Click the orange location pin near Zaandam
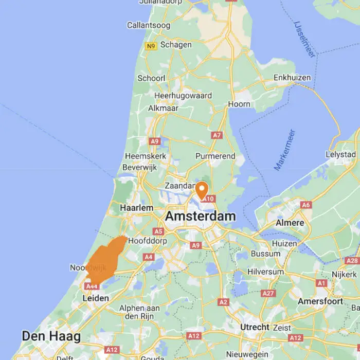202,189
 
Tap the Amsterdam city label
200,217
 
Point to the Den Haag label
51,336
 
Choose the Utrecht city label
255,327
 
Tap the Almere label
290,223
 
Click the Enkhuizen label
292,78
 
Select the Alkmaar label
163,108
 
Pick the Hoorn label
239,104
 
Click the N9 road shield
150,46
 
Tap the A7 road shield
217,135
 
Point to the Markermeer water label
285,150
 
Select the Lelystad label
340,154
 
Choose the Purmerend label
215,156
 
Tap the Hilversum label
265,272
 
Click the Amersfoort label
320,301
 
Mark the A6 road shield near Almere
306,205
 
